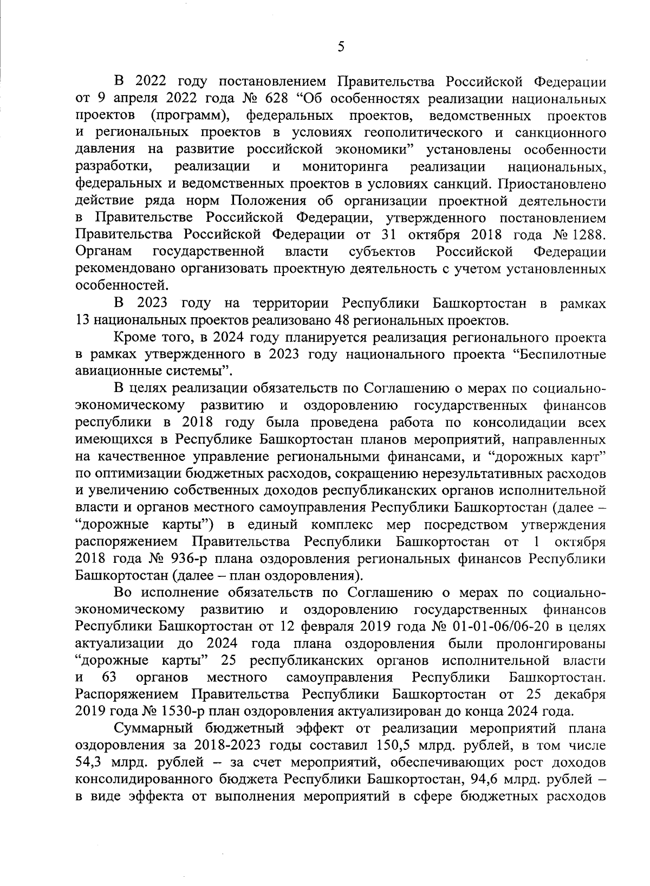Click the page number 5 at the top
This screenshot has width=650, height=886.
click(341, 47)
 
